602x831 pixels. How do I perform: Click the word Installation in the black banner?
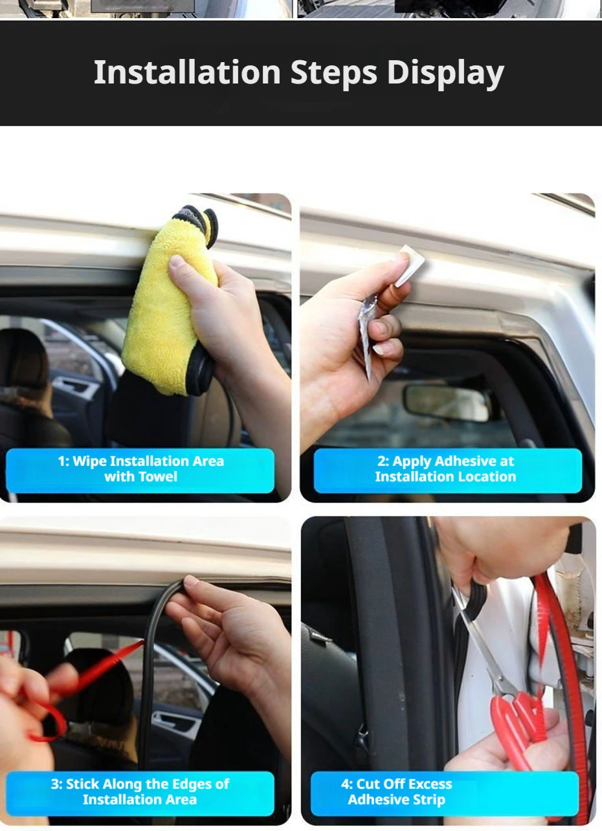188,72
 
